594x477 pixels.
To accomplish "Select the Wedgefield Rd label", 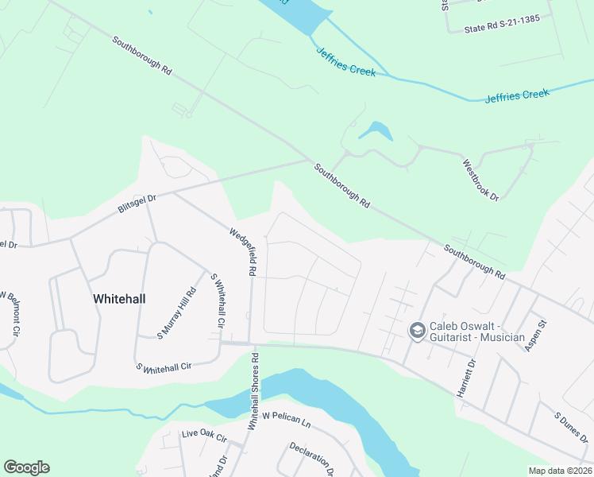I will point(242,252).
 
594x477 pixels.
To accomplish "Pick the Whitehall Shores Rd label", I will point(253,391).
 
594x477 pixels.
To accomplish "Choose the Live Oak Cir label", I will point(204,436).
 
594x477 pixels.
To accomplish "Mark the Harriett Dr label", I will point(471,374).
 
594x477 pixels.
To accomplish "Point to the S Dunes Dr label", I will point(570,428).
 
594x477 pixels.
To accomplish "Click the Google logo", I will point(26,467).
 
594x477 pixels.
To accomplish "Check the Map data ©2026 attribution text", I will point(559,471).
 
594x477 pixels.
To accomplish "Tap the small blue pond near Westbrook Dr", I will point(376,130).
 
